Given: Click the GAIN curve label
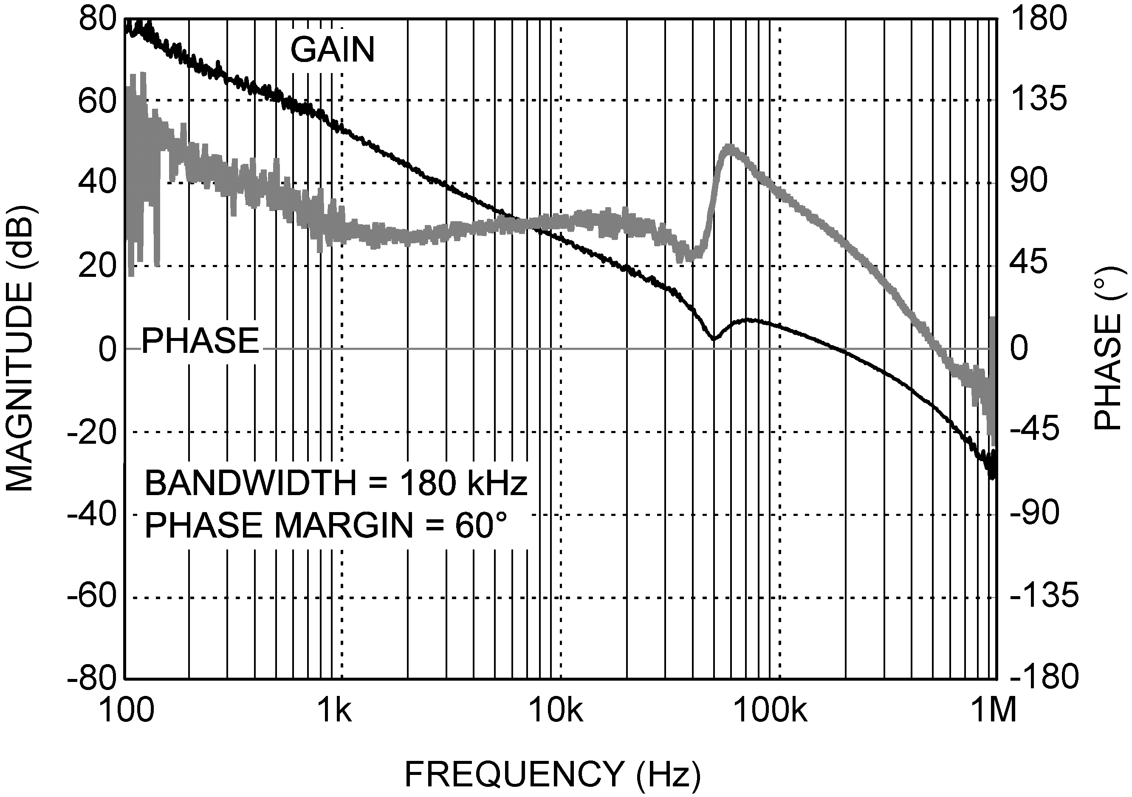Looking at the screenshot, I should (x=332, y=50).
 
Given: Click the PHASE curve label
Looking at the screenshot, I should (x=200, y=341).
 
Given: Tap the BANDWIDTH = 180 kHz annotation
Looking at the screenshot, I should (x=336, y=483).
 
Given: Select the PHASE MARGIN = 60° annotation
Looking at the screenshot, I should (x=326, y=525).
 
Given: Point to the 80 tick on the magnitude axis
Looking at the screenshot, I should (x=97, y=20).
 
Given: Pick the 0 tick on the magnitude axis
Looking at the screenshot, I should (x=107, y=349).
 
